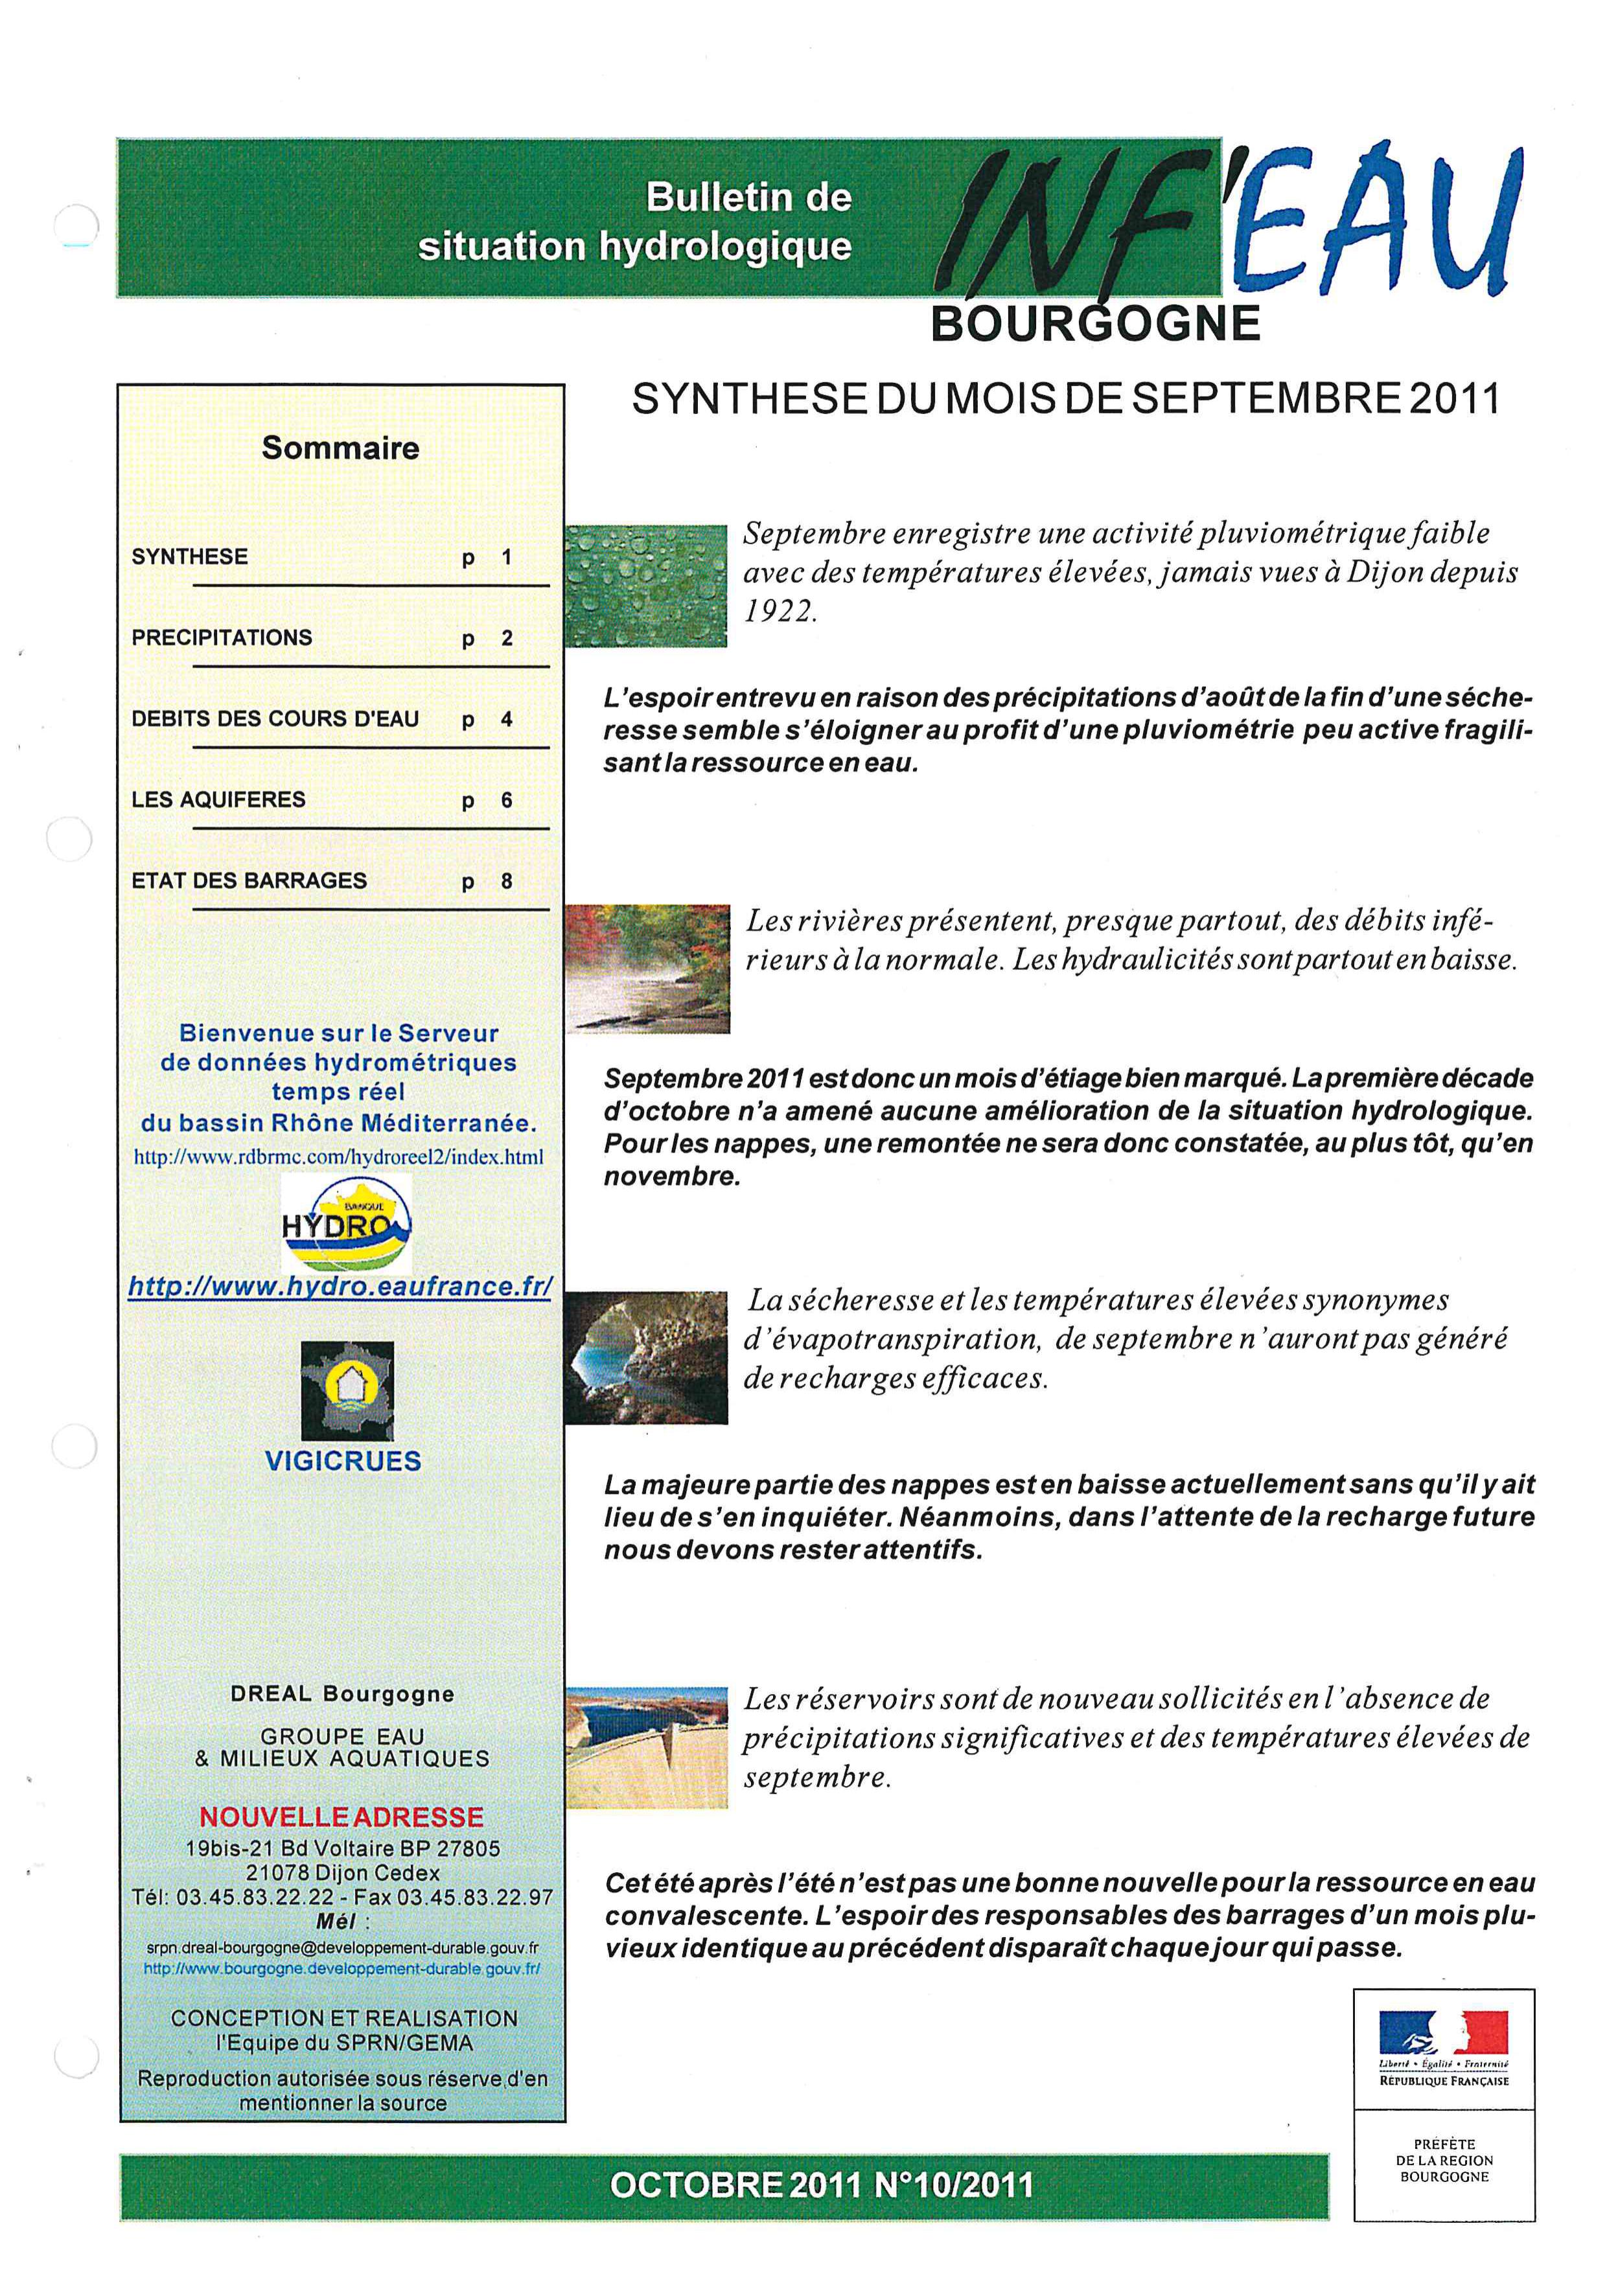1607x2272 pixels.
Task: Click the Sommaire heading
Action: tap(340, 448)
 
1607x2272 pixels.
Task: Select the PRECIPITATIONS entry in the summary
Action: tap(222, 637)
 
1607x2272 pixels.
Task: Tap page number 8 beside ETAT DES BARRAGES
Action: tap(507, 880)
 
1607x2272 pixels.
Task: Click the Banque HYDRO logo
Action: tap(346, 1223)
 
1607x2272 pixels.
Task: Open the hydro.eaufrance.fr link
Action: tap(340, 1287)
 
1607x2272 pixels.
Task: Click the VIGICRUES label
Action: tap(343, 1460)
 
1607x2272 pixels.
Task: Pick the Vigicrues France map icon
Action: tap(347, 1390)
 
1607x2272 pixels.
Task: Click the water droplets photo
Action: tap(646, 585)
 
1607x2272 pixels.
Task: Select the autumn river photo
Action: tap(648, 968)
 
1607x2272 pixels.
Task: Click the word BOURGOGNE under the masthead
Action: tap(1095, 323)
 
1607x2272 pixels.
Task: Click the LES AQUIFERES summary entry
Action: tap(218, 799)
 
